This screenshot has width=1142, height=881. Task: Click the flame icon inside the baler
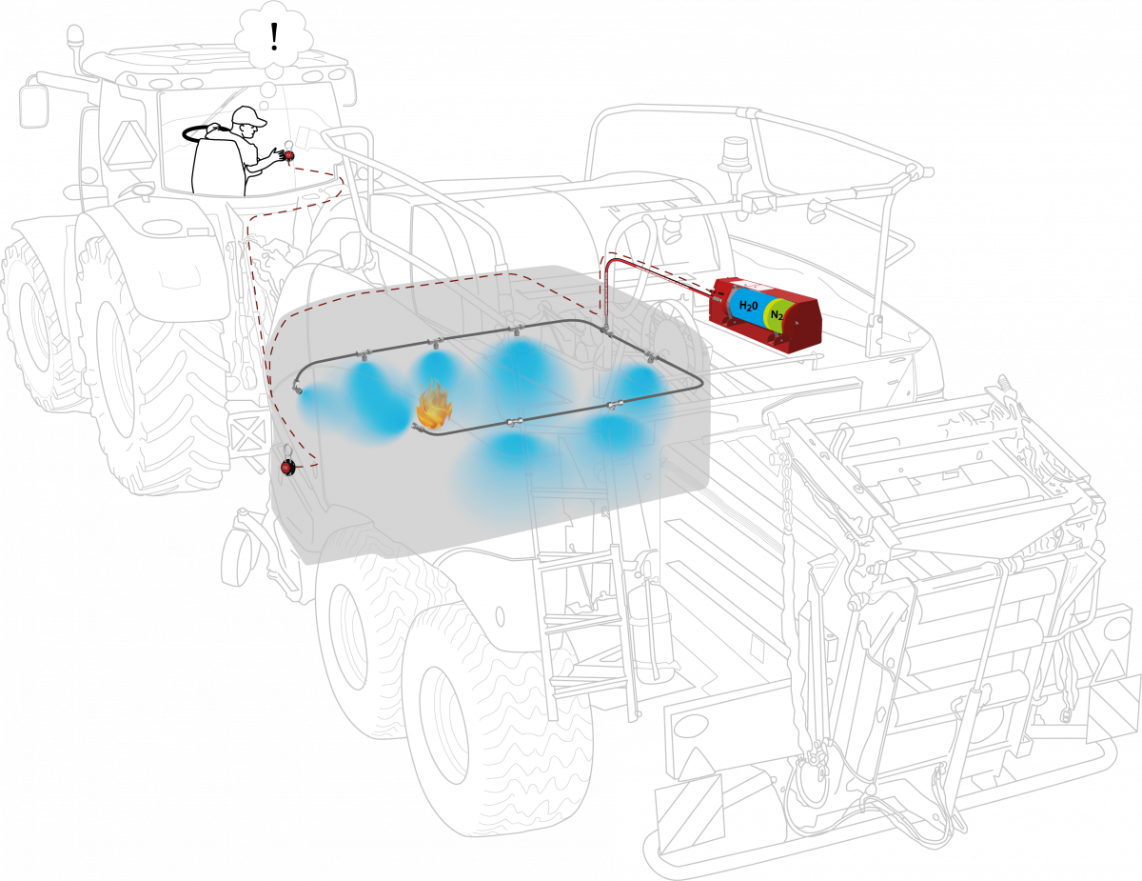click(434, 404)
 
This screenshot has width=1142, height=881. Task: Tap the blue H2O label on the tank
click(748, 305)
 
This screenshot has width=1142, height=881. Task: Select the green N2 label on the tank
click(777, 315)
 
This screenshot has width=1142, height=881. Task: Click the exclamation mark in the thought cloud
click(274, 36)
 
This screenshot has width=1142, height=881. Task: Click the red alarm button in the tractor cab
click(289, 154)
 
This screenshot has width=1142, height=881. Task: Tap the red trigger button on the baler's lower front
click(287, 467)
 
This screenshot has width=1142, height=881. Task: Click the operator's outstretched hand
click(276, 154)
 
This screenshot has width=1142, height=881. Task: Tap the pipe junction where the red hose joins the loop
click(606, 330)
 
